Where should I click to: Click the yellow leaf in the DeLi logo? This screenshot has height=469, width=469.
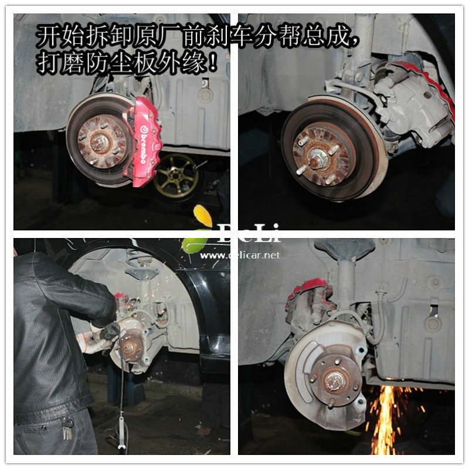pyautogui.click(x=203, y=216)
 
